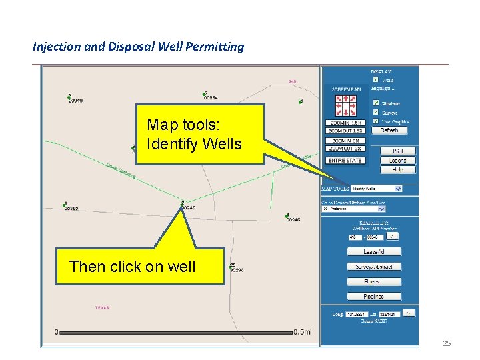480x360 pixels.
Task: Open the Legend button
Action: pyautogui.click(x=398, y=160)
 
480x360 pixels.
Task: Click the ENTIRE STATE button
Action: pyautogui.click(x=345, y=160)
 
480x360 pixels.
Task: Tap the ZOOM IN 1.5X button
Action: pyautogui.click(x=345, y=123)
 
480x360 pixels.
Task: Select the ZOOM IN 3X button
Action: pyautogui.click(x=345, y=141)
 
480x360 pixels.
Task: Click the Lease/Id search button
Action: pyautogui.click(x=373, y=251)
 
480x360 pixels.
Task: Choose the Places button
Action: pyautogui.click(x=373, y=281)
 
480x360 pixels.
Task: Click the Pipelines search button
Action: pyautogui.click(x=373, y=296)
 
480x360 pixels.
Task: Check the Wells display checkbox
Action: pyautogui.click(x=376, y=79)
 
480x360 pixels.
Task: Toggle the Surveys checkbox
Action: pyautogui.click(x=376, y=113)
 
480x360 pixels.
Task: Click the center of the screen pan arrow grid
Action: pyautogui.click(x=345, y=105)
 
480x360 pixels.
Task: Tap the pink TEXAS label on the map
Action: pyautogui.click(x=102, y=308)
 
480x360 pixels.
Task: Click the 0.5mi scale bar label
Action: pyautogui.click(x=305, y=332)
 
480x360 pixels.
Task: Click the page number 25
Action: pyautogui.click(x=447, y=343)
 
